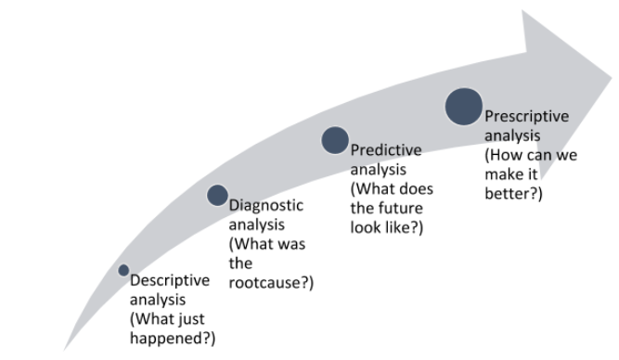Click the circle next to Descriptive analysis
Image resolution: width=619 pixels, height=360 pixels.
123,270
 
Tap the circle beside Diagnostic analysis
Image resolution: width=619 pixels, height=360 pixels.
217,195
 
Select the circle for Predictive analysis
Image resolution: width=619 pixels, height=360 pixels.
335,140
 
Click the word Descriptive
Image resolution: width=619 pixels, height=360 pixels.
170,280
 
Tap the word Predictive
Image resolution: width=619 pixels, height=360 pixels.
385,150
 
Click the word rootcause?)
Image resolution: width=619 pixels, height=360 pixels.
271,282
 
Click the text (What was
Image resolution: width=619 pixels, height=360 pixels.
267,244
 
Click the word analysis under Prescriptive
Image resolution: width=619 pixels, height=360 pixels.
510,136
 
